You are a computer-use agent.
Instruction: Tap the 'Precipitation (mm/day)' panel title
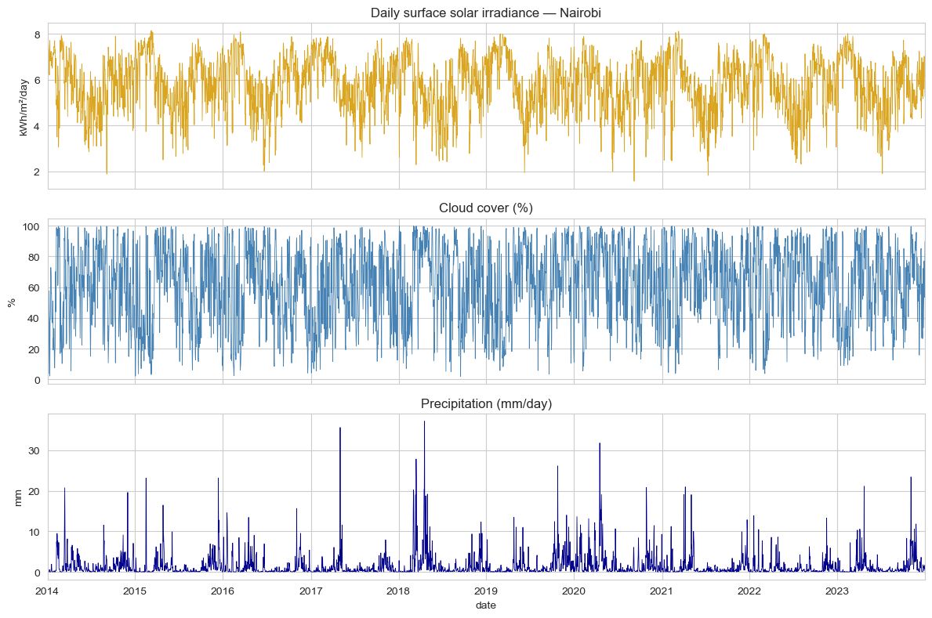click(x=486, y=403)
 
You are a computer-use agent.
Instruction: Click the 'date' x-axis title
click(x=486, y=605)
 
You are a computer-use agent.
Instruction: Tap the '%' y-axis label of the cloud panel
click(x=13, y=302)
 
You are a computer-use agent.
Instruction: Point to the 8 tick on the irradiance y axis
click(x=37, y=34)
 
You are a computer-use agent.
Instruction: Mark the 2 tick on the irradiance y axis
click(x=37, y=172)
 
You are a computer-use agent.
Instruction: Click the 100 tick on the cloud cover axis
click(x=31, y=226)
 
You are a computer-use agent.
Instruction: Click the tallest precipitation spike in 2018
click(x=424, y=422)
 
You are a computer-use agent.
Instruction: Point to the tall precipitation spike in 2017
click(x=339, y=428)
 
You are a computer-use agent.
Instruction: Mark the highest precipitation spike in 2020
click(x=600, y=444)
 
